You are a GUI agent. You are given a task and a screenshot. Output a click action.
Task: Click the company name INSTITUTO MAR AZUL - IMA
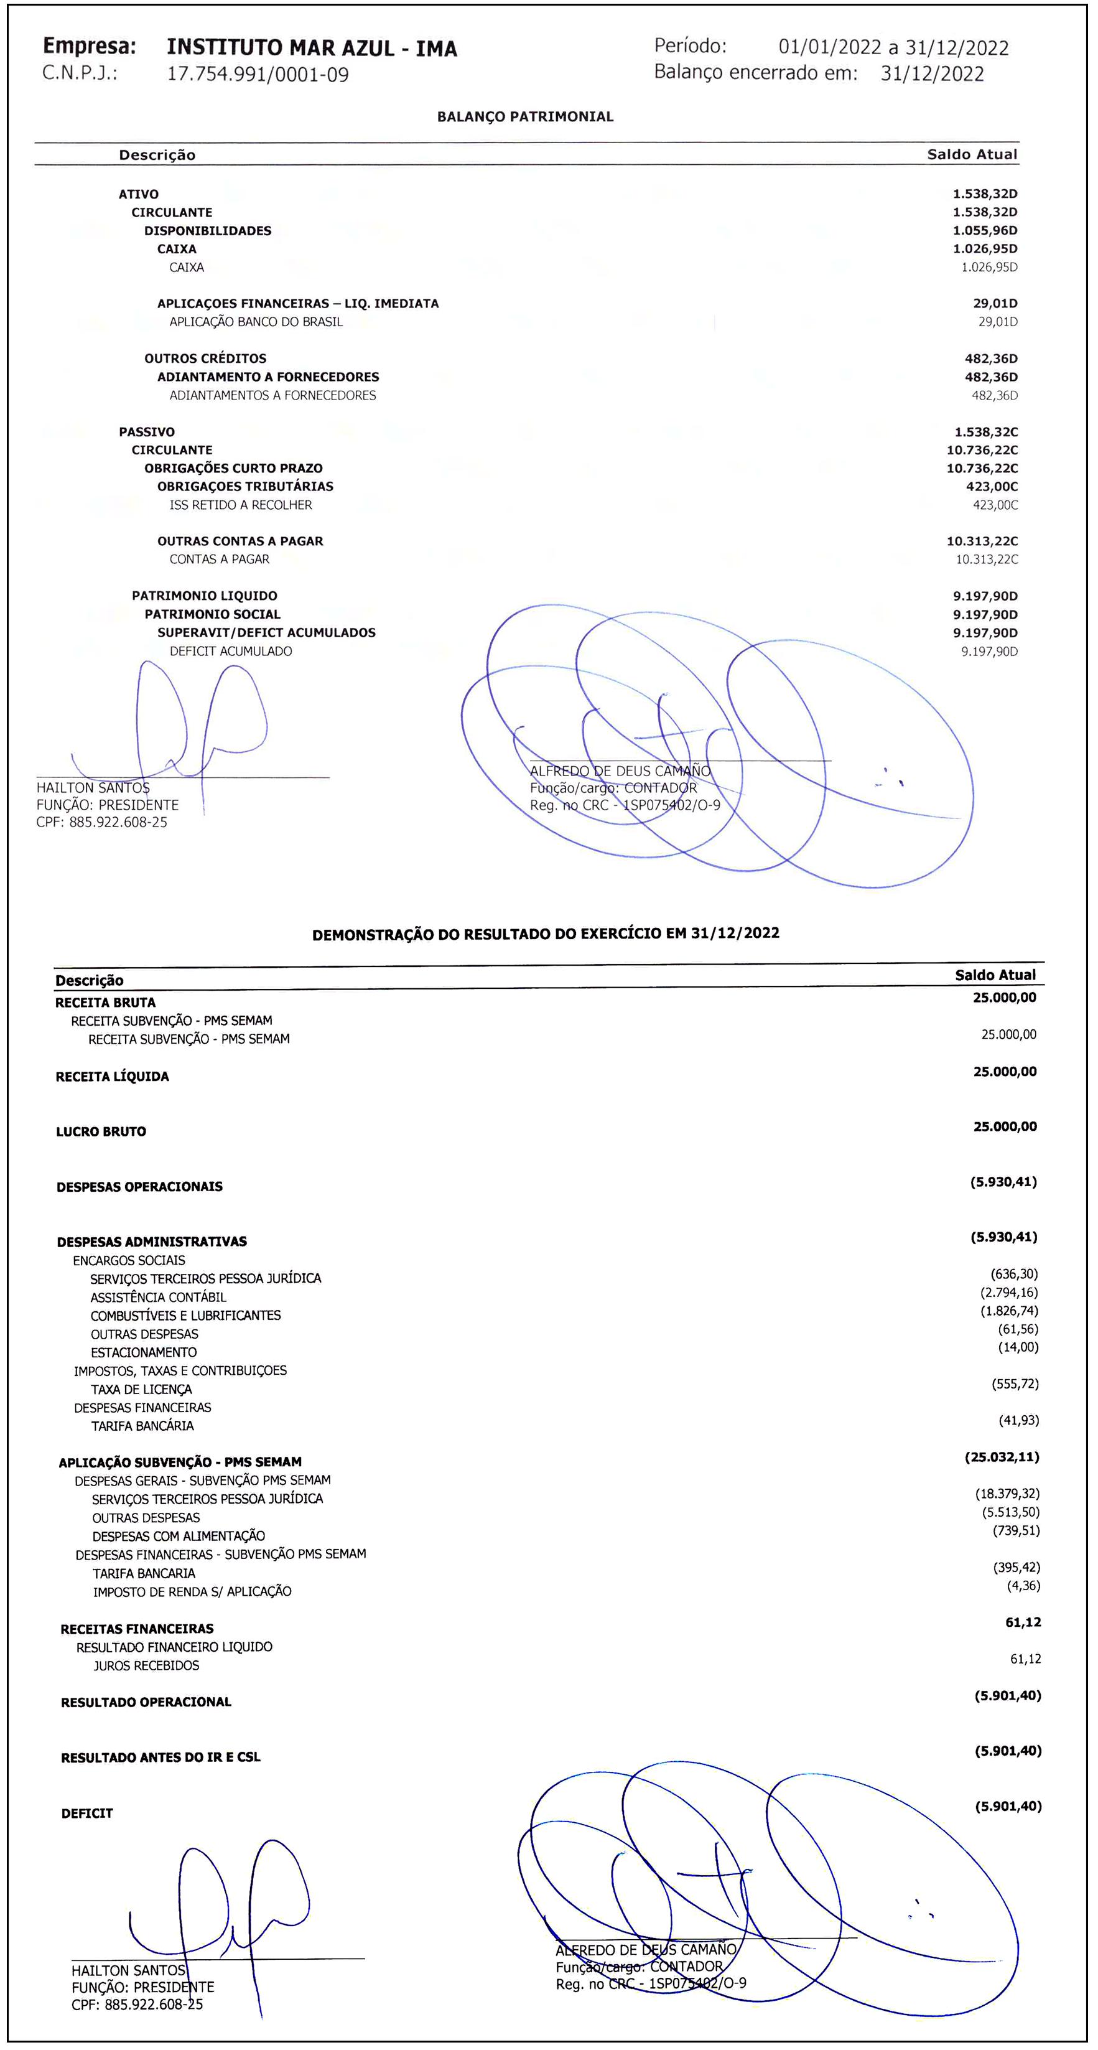pyautogui.click(x=312, y=49)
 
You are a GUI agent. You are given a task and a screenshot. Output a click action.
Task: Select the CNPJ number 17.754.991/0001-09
pyautogui.click(x=258, y=75)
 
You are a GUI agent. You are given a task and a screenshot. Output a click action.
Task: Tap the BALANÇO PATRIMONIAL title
pyautogui.click(x=525, y=117)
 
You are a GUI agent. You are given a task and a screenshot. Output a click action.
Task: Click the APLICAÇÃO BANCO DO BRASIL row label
pyautogui.click(x=256, y=322)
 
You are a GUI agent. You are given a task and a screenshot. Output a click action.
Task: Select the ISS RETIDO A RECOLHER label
pyautogui.click(x=240, y=505)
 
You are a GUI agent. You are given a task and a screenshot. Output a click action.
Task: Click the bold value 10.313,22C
pyautogui.click(x=982, y=541)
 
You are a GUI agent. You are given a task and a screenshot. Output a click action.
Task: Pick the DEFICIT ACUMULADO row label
pyautogui.click(x=230, y=651)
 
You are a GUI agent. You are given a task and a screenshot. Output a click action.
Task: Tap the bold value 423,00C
pyautogui.click(x=990, y=486)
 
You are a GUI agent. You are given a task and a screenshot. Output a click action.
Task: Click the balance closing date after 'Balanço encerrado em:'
pyautogui.click(x=932, y=74)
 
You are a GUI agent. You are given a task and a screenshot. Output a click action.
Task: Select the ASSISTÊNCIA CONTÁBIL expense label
pyautogui.click(x=159, y=1297)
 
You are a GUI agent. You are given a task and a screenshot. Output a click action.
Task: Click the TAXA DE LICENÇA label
pyautogui.click(x=142, y=1390)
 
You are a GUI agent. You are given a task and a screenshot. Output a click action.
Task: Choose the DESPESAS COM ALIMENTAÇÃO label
pyautogui.click(x=178, y=1536)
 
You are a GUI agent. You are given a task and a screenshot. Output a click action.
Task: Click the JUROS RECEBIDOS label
pyautogui.click(x=146, y=1665)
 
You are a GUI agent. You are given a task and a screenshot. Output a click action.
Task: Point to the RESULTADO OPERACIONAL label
pyautogui.click(x=146, y=1702)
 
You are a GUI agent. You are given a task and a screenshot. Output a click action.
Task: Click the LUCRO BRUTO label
pyautogui.click(x=101, y=1131)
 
